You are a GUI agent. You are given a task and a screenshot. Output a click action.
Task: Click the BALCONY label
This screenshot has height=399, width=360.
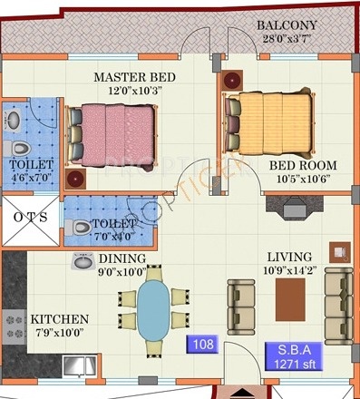point(287,25)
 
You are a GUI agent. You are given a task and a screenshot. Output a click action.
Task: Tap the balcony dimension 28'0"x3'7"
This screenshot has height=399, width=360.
point(287,39)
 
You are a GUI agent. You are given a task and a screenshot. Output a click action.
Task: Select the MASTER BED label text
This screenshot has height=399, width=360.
point(134,77)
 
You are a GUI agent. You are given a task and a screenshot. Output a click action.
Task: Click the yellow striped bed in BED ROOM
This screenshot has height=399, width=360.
point(269,124)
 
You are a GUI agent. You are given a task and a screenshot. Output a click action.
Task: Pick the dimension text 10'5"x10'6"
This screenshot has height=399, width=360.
point(303,179)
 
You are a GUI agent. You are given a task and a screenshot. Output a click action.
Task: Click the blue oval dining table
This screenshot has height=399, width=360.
point(153,310)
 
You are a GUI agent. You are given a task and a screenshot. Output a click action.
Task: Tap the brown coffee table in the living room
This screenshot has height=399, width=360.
point(290,299)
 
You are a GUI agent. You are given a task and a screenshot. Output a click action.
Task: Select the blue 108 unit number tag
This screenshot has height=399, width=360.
point(202,344)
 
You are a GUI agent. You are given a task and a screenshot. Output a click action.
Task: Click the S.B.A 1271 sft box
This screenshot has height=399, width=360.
point(294,356)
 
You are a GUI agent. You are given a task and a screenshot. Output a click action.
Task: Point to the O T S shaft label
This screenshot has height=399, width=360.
point(31,217)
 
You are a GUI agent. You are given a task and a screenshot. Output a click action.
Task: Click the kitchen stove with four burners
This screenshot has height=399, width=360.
point(15,326)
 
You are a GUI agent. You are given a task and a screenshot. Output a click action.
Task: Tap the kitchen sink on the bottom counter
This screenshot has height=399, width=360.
point(80,365)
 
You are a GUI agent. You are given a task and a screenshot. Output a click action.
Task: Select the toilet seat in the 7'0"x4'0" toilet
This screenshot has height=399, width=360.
point(78,228)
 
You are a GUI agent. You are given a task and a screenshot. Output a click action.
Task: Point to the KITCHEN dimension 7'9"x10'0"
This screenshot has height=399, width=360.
point(60,333)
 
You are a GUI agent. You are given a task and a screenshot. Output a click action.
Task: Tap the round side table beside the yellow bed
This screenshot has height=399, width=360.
point(232,81)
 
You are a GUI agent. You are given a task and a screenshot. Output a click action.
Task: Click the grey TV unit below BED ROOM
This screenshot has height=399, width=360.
point(295,208)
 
